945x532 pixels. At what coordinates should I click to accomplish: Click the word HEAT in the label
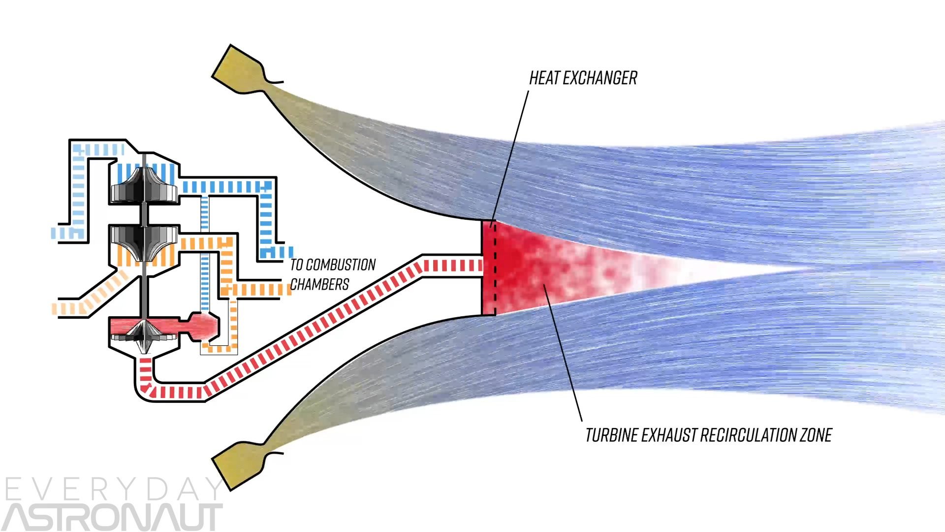click(x=544, y=78)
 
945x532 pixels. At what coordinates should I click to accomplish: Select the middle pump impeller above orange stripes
click(x=144, y=241)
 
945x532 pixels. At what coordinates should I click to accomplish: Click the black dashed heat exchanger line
click(x=495, y=268)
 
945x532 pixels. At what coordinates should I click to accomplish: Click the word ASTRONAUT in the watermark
click(x=113, y=517)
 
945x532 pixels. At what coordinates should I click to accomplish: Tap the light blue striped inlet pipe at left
click(x=69, y=233)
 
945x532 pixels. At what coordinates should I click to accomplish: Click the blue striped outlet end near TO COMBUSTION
click(x=276, y=252)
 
